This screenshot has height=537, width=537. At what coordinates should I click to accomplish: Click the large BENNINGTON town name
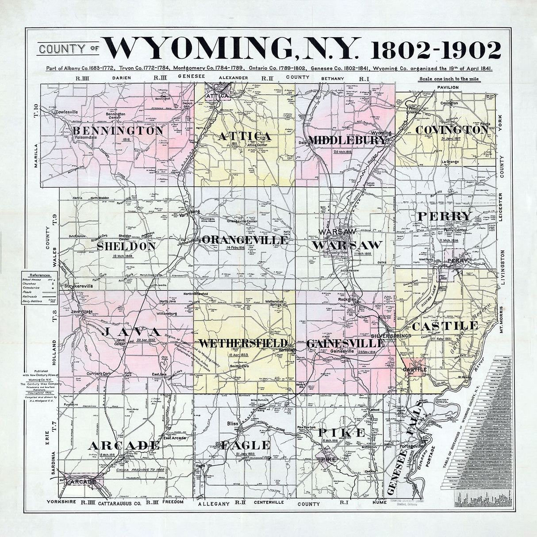point(118,131)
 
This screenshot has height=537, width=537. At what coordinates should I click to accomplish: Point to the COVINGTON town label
point(452,130)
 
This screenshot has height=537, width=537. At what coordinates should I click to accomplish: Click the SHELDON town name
point(127,246)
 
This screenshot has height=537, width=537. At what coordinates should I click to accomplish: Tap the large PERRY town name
point(445,216)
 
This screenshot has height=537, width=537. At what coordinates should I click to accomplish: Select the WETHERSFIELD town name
point(243,344)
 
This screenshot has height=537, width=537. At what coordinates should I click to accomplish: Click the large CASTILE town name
point(445,326)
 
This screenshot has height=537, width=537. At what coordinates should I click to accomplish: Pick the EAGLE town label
point(245,445)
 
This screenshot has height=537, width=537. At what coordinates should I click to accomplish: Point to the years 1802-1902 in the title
point(436,50)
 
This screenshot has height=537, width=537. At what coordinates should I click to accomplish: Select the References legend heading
point(39,275)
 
